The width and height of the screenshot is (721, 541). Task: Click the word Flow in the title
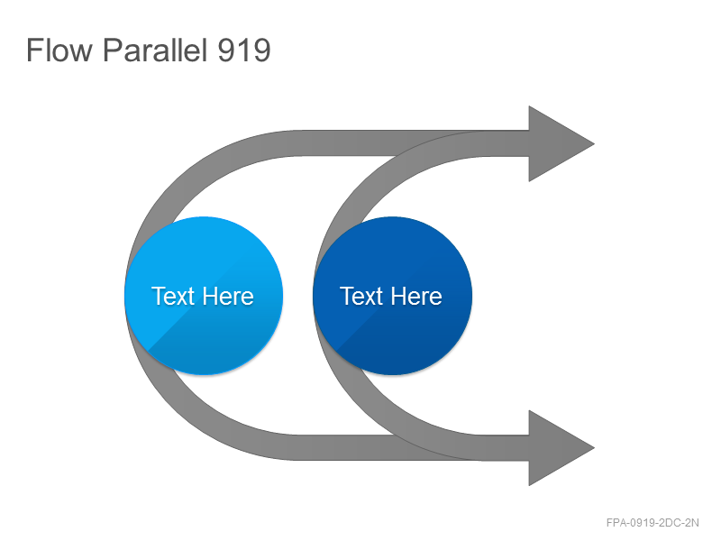59,50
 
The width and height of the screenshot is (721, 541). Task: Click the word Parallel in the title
154,50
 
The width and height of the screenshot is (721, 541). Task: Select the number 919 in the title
243,50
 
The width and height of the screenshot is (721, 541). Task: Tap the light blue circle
204,296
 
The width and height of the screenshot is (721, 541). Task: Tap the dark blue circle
392,296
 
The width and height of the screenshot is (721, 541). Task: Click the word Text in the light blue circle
173,296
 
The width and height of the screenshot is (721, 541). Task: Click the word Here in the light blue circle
229,296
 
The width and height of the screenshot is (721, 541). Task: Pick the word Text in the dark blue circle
361,296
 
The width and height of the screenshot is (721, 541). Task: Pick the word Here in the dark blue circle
417,296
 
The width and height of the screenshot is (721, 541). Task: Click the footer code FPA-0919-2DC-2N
653,523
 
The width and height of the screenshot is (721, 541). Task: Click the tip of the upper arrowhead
594,143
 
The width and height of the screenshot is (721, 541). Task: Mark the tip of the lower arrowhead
594,447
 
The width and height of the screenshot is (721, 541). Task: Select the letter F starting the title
33,50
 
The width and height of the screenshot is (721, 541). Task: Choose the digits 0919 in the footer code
643,523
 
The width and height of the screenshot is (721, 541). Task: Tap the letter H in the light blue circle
211,296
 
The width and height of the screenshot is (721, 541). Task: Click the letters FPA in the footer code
616,523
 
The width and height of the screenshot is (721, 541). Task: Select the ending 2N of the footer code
692,523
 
